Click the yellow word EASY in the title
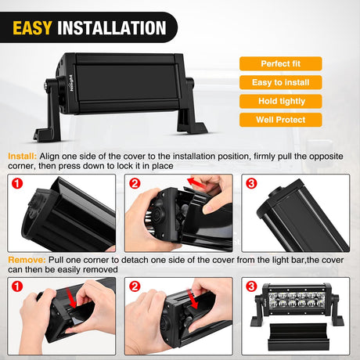32,28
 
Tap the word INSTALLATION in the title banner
112,28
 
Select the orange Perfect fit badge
281,63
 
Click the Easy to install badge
281,82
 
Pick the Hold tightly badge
281,101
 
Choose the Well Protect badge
281,120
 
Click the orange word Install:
23,157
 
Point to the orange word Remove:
27,260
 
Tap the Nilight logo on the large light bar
71,83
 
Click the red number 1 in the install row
17,183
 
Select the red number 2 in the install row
135,183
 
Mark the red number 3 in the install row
251,183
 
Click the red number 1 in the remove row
17,286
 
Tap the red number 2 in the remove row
135,286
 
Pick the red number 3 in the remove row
251,286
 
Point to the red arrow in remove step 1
72,298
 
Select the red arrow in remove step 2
192,299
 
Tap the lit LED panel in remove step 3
296,300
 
